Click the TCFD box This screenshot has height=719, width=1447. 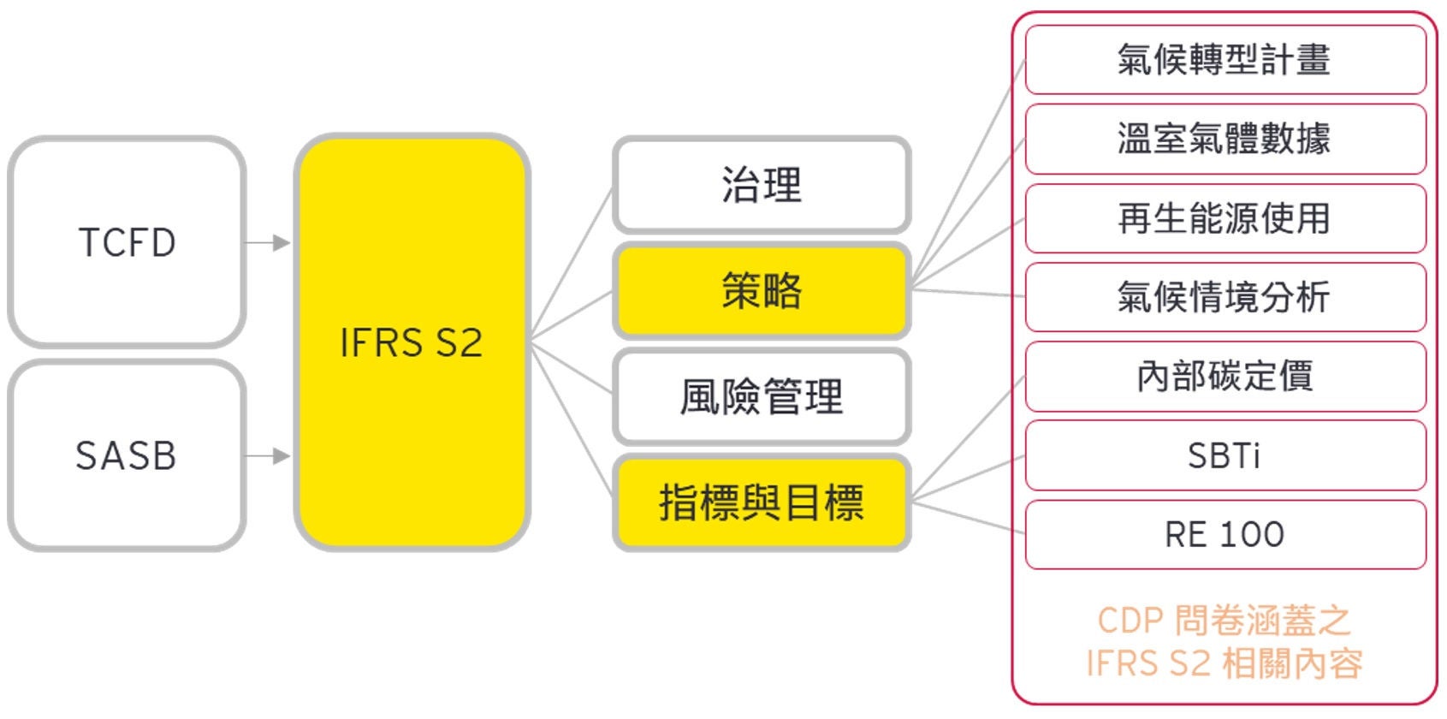point(127,242)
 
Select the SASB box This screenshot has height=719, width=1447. point(127,455)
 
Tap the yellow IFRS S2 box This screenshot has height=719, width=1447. point(412,342)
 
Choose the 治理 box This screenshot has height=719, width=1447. point(762,185)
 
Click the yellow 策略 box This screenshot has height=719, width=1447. point(762,291)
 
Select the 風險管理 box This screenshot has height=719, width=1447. point(762,396)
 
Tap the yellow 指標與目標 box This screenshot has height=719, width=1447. point(762,502)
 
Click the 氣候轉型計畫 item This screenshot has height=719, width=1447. point(1225,60)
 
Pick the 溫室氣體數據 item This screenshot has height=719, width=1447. point(1225,139)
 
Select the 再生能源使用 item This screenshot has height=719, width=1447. point(1225,218)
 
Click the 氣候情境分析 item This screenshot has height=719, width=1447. point(1225,297)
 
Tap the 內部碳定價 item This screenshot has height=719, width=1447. point(1225,377)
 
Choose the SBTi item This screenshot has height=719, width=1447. point(1225,455)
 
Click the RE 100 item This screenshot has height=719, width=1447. point(1225,535)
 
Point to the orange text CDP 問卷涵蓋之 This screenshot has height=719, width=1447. point(1225,621)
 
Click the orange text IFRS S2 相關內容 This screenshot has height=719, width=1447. point(1225,663)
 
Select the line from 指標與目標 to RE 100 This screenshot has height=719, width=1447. point(967,515)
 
